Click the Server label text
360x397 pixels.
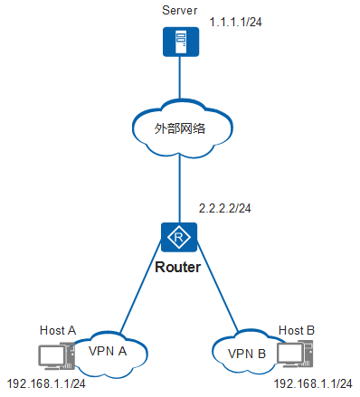[179, 10]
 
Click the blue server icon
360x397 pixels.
[178, 42]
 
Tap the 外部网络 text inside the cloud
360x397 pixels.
[180, 128]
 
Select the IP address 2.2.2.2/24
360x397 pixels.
[224, 208]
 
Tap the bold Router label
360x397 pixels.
[178, 268]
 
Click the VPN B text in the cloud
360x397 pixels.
[247, 354]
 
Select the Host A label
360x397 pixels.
[58, 330]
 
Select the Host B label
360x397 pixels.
[297, 332]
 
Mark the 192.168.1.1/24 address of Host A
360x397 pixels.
[46, 383]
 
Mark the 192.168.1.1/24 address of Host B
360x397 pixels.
[312, 383]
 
